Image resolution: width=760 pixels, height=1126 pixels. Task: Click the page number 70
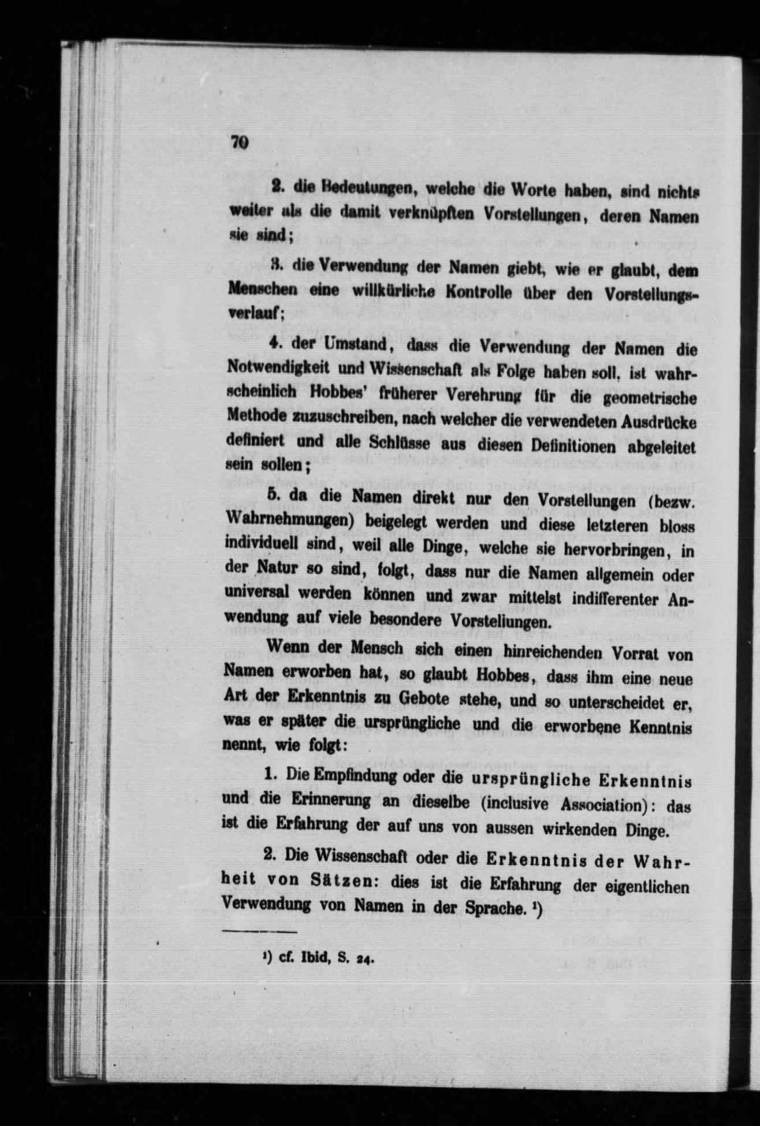click(239, 142)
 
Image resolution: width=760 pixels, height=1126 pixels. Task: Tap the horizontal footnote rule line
click(259, 931)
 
